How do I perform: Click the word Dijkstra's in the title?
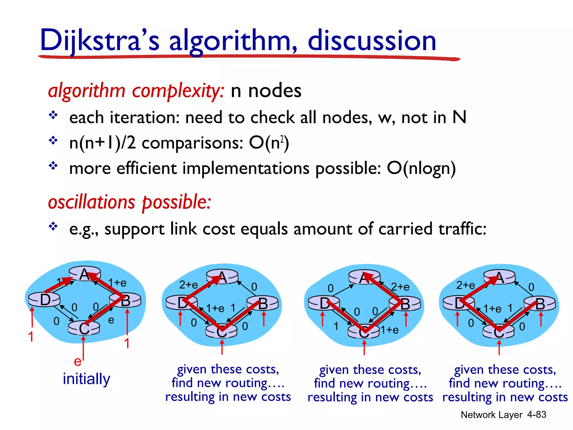coord(99,41)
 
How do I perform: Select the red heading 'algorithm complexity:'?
coord(136,91)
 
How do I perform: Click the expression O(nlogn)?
coord(421,169)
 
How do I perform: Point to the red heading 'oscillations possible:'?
coord(129,202)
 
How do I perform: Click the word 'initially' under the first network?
coord(86,379)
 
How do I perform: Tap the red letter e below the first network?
coord(77,361)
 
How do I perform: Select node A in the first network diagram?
coord(84,274)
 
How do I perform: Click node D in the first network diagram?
coord(45,300)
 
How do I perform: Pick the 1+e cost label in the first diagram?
coord(117,283)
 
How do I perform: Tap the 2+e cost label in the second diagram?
coord(188,285)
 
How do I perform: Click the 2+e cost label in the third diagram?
coord(400,287)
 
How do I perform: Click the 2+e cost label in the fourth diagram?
coord(466,285)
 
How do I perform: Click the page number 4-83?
coord(536,415)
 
